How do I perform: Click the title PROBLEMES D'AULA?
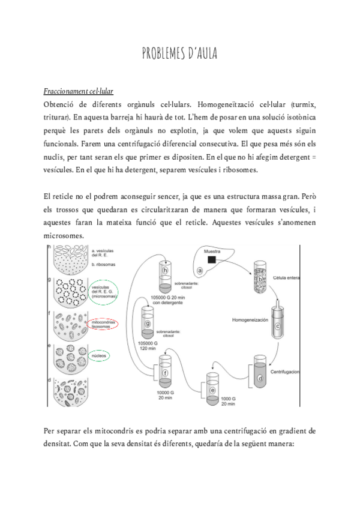pos(179,55)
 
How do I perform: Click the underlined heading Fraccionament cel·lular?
pos(79,91)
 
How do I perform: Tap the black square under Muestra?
pos(212,260)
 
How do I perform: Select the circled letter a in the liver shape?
pos(200,271)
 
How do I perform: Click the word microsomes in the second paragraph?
pos(66,236)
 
